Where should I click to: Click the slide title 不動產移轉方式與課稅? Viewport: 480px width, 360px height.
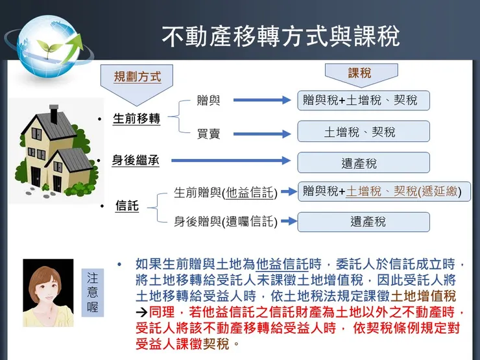[280, 36]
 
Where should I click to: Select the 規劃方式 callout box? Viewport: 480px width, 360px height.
[137, 77]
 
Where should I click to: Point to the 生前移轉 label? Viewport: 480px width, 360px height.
[136, 119]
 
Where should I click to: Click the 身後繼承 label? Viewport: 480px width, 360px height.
[135, 160]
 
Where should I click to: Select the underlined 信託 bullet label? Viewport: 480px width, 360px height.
[126, 206]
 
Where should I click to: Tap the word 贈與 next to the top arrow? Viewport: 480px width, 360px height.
[208, 101]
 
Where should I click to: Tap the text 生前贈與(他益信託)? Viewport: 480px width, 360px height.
[225, 193]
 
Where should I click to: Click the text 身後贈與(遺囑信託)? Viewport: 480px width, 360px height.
[225, 222]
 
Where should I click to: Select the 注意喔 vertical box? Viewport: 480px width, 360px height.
[93, 292]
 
